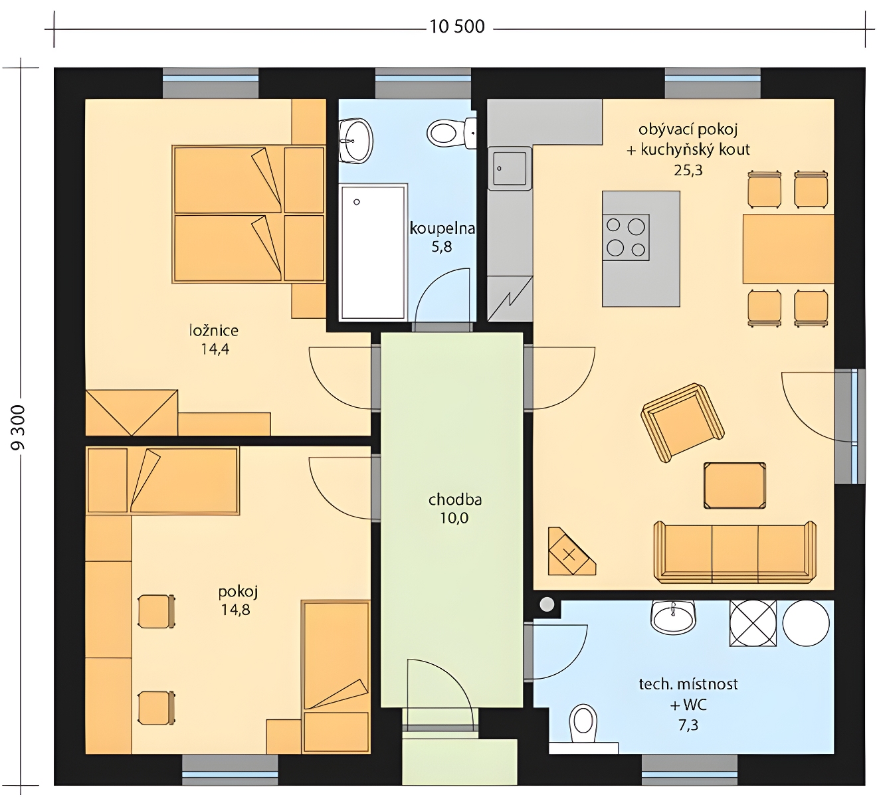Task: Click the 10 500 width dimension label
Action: point(457,27)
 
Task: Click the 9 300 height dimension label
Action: point(19,427)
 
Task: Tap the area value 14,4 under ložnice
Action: point(215,349)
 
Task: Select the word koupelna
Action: point(442,228)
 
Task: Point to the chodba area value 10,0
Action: point(454,518)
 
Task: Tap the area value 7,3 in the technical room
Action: point(688,725)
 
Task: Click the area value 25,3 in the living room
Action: point(688,169)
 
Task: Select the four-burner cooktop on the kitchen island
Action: point(626,237)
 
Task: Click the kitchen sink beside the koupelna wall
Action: point(510,168)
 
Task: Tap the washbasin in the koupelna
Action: point(356,140)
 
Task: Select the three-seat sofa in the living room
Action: point(735,553)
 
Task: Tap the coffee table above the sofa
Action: point(734,486)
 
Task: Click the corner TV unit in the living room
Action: point(571,551)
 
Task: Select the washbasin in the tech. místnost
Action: point(673,616)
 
